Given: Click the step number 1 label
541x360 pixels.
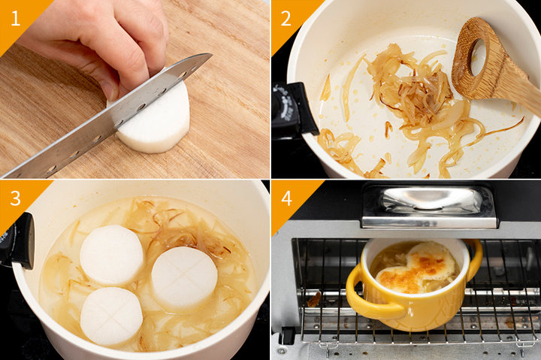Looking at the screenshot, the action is coord(16,19).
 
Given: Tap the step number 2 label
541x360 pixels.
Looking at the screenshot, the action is coord(286,19).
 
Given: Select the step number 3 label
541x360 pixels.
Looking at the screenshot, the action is coord(16,198).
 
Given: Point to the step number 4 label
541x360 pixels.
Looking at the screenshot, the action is coord(286,198).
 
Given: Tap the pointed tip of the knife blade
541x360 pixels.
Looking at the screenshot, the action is coord(211,54).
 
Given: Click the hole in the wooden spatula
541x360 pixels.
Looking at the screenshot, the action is coord(478,57).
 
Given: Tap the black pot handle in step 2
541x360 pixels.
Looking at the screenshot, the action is coord(293,110).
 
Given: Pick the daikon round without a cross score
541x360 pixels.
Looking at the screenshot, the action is coord(111,256).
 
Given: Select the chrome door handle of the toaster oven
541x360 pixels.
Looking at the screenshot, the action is coord(429,207).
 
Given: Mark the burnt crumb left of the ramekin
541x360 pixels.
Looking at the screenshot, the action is coord(314,300).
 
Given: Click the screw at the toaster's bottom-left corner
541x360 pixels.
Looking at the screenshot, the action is coord(283,351).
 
